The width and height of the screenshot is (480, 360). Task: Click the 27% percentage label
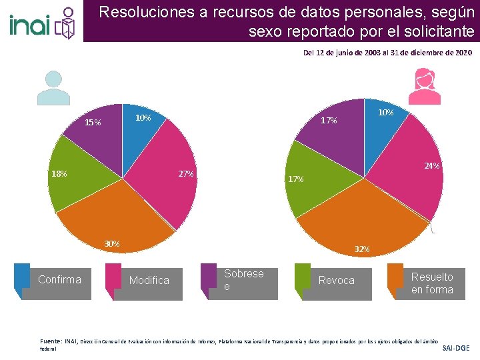pyautogui.click(x=186, y=174)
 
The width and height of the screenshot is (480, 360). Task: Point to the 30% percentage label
pyautogui.click(x=111, y=243)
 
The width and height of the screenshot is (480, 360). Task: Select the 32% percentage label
pyautogui.click(x=362, y=249)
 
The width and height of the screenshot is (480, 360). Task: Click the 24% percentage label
pyautogui.click(x=432, y=165)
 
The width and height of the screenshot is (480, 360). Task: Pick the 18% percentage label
pyautogui.click(x=59, y=174)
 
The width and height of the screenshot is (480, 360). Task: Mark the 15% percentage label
pyautogui.click(x=93, y=123)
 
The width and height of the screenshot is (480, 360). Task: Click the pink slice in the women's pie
pyautogui.click(x=407, y=180)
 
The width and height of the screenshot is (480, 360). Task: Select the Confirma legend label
pyautogui.click(x=59, y=279)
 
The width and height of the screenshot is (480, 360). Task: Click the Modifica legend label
pyautogui.click(x=149, y=280)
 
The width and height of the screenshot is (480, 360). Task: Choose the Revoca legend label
pyautogui.click(x=336, y=280)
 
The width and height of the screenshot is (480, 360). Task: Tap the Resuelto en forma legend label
pyautogui.click(x=431, y=283)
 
